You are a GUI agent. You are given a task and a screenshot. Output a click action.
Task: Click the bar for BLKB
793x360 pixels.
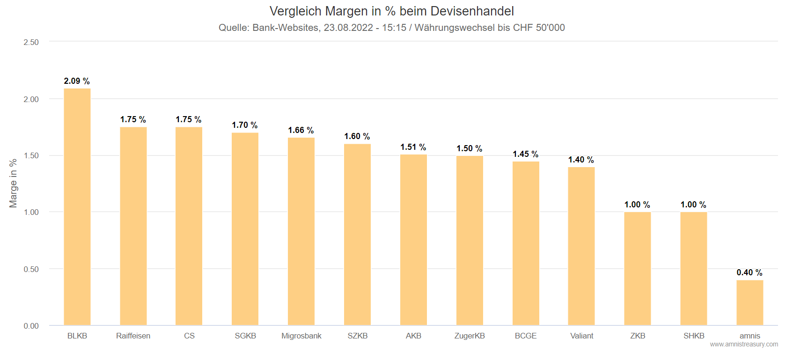(x=77, y=206)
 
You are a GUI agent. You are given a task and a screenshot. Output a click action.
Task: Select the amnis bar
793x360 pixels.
(x=749, y=302)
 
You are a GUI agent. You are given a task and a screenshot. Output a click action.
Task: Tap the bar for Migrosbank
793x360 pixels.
(x=301, y=231)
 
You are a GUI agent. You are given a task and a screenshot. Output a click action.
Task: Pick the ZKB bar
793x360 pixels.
(x=637, y=269)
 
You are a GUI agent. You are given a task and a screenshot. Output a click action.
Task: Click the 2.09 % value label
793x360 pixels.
(x=77, y=81)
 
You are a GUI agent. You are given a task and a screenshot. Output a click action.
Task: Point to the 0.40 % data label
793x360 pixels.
(x=749, y=272)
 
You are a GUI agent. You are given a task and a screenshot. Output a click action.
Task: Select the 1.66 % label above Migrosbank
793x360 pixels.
(x=301, y=130)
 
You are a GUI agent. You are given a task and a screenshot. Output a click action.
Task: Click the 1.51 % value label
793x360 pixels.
(x=413, y=147)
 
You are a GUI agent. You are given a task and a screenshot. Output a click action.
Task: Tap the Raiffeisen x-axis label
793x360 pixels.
(x=133, y=336)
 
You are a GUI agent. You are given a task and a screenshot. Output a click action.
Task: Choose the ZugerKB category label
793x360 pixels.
(x=470, y=336)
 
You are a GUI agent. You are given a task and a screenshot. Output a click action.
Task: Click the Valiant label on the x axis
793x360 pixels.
(x=581, y=336)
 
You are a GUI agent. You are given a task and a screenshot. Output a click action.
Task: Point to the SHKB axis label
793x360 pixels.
(x=694, y=336)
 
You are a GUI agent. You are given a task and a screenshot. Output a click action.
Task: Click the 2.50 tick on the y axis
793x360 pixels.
(x=31, y=42)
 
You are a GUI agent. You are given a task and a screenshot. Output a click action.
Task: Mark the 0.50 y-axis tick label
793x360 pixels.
(x=31, y=269)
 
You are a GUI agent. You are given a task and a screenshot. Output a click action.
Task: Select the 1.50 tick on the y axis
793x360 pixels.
(x=31, y=155)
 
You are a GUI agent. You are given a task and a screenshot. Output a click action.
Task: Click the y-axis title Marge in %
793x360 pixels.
(x=13, y=183)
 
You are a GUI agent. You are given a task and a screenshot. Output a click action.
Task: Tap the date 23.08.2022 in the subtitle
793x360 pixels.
(x=348, y=28)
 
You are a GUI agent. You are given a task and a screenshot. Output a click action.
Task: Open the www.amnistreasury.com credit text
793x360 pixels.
(x=744, y=344)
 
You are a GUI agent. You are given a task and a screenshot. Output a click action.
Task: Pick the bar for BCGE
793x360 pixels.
(x=525, y=243)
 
